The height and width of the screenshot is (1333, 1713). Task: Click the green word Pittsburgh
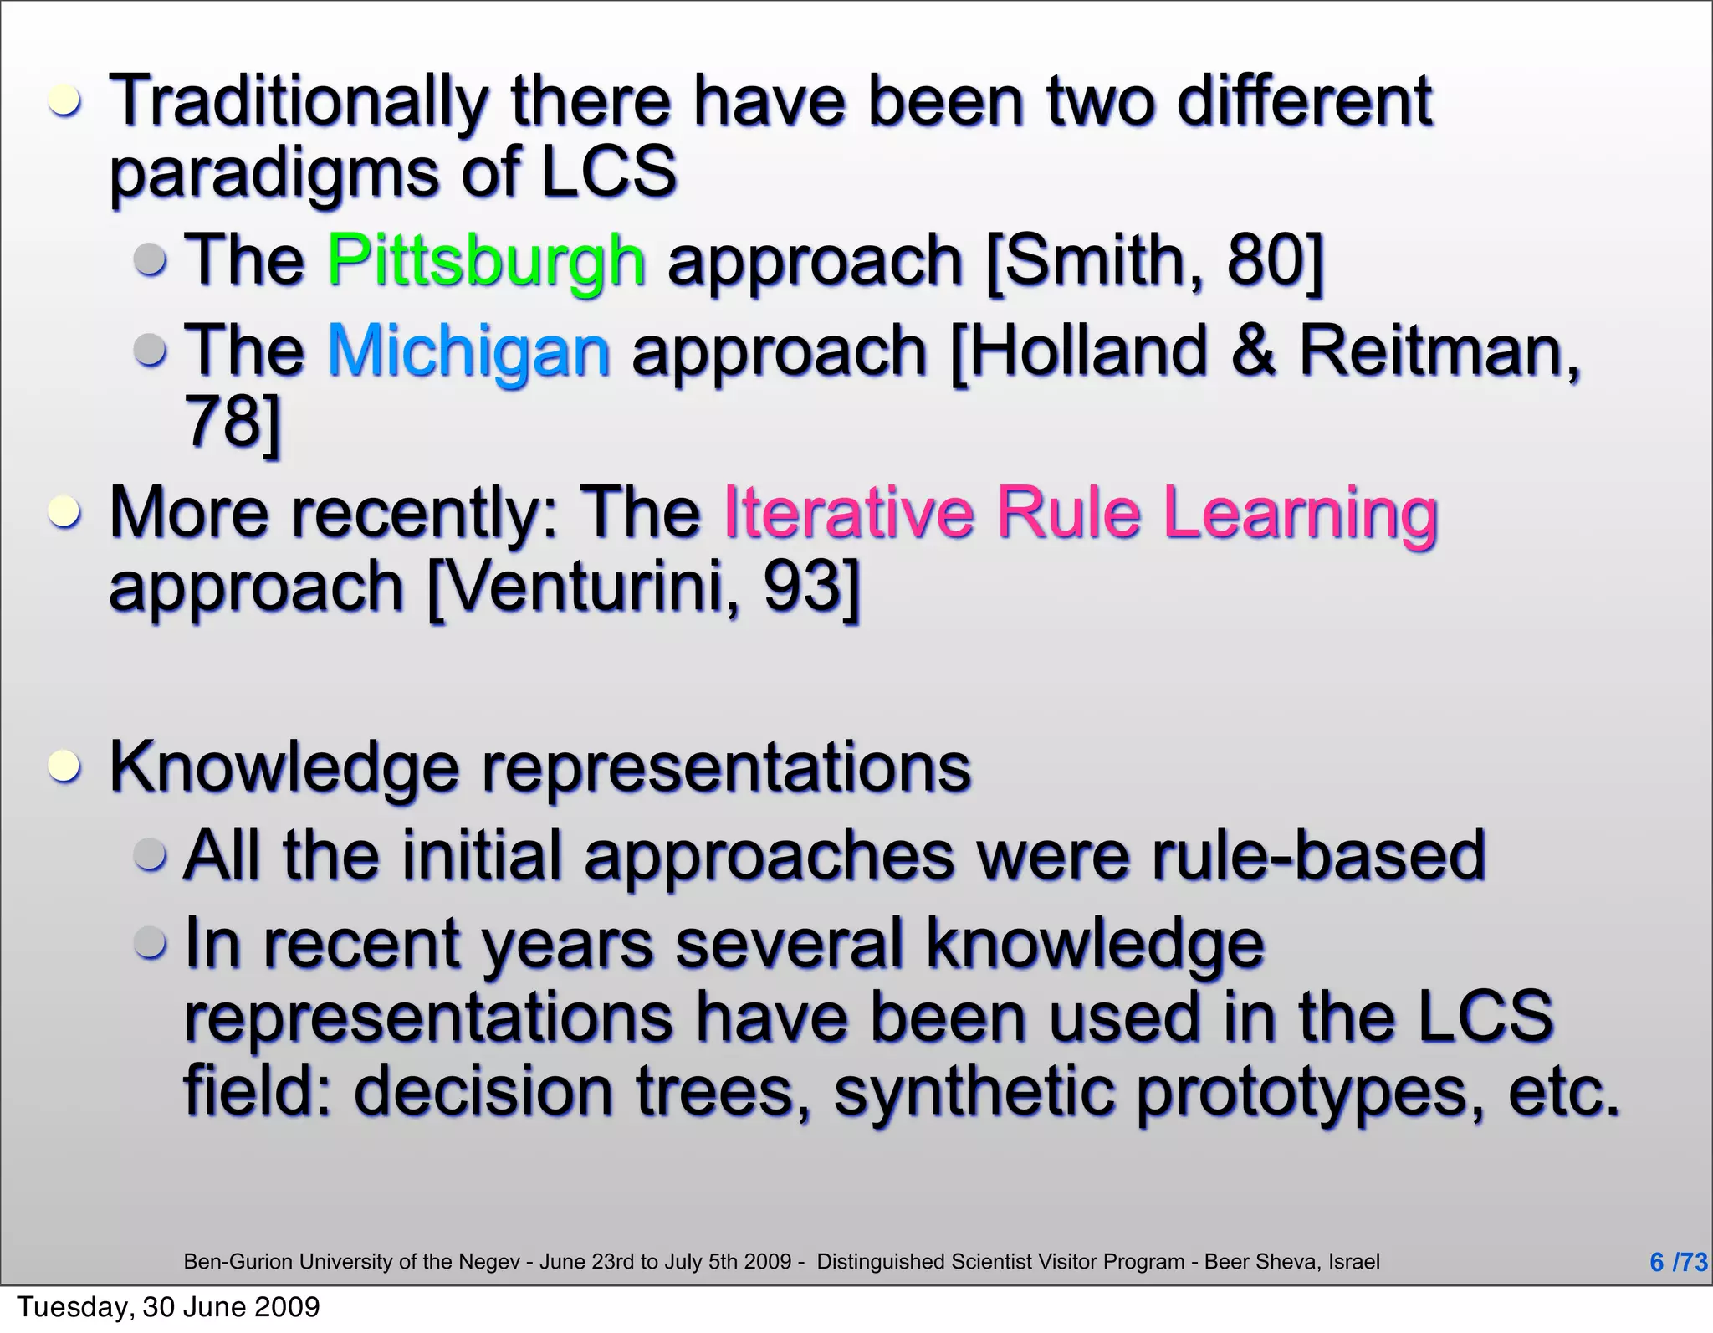click(x=486, y=260)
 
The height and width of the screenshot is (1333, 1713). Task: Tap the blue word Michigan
click(x=468, y=351)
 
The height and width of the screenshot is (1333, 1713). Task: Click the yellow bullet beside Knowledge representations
click(x=64, y=766)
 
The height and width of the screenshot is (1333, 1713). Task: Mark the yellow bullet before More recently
click(x=64, y=511)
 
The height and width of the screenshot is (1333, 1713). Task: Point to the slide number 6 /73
click(x=1677, y=1261)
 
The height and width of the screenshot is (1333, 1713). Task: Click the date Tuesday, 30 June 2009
click(x=168, y=1306)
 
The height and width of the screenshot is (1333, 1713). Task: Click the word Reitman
click(x=1439, y=351)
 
